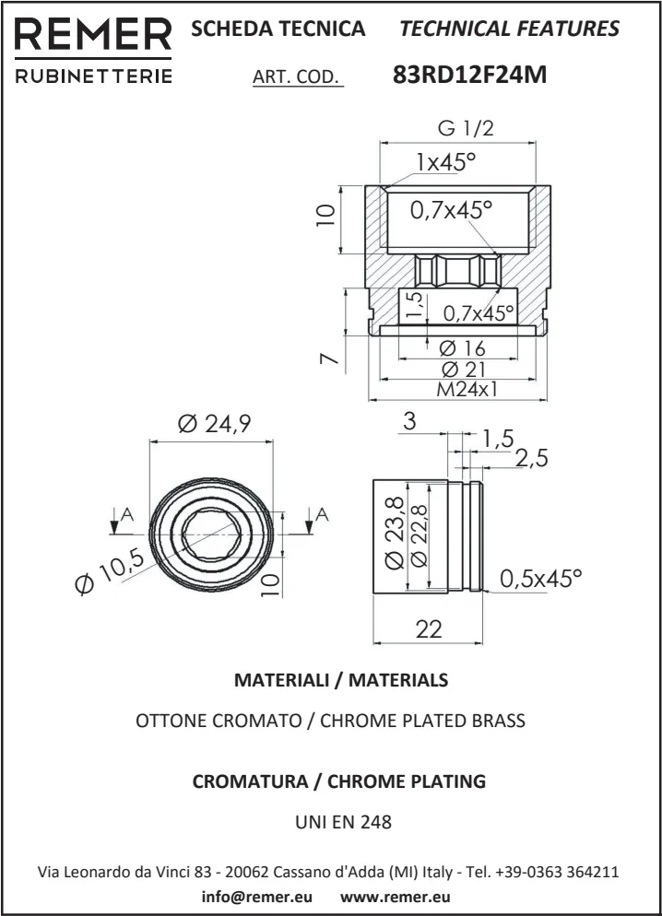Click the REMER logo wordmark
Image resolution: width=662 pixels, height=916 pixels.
pyautogui.click(x=93, y=35)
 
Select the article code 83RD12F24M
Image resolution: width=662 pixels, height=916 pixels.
pyautogui.click(x=470, y=75)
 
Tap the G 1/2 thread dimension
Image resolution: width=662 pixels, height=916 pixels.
pyautogui.click(x=466, y=128)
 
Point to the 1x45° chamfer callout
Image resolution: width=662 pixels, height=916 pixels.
pyautogui.click(x=445, y=162)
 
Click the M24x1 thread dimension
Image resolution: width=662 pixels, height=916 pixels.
pyautogui.click(x=467, y=389)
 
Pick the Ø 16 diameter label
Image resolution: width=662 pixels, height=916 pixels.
pyautogui.click(x=462, y=348)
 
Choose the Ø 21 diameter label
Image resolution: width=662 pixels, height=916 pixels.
pyautogui.click(x=462, y=369)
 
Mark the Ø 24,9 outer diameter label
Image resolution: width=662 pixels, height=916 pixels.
pyautogui.click(x=214, y=424)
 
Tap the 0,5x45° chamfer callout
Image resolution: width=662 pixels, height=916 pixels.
pyautogui.click(x=541, y=579)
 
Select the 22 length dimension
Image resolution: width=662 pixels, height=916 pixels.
pyautogui.click(x=429, y=629)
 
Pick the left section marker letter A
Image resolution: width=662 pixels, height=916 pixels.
pyautogui.click(x=126, y=515)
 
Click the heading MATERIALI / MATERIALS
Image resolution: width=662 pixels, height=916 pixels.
pyautogui.click(x=341, y=680)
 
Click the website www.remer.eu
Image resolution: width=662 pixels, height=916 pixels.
pyautogui.click(x=396, y=896)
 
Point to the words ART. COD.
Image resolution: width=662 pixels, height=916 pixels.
pyautogui.click(x=297, y=76)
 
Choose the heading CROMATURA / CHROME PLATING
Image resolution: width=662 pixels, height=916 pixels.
pyautogui.click(x=338, y=781)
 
